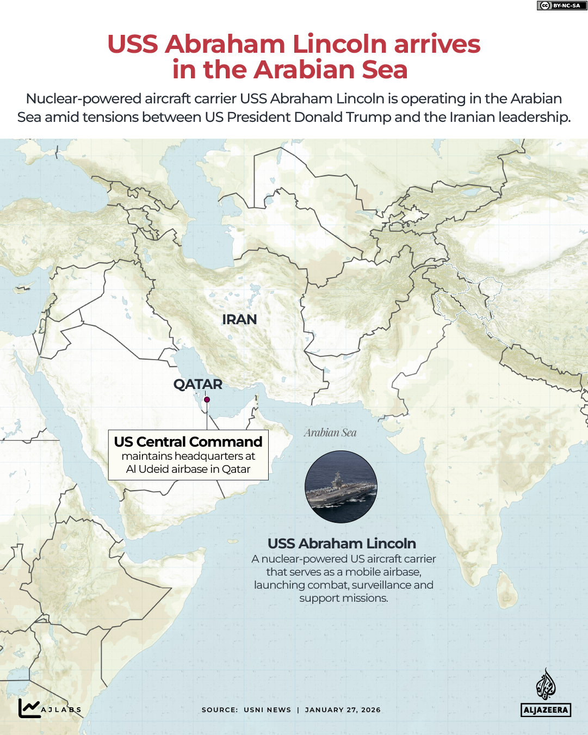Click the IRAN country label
click(239, 319)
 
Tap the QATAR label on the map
click(198, 384)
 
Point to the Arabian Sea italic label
click(330, 433)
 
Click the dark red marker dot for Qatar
click(207, 399)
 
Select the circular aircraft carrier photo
click(341, 487)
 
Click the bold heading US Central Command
click(188, 442)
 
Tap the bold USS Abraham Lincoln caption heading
click(342, 543)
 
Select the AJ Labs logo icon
click(29, 708)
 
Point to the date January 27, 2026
click(343, 710)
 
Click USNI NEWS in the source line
click(267, 710)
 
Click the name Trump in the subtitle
click(368, 117)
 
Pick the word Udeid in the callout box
click(158, 469)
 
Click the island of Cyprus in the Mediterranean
click(23, 287)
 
